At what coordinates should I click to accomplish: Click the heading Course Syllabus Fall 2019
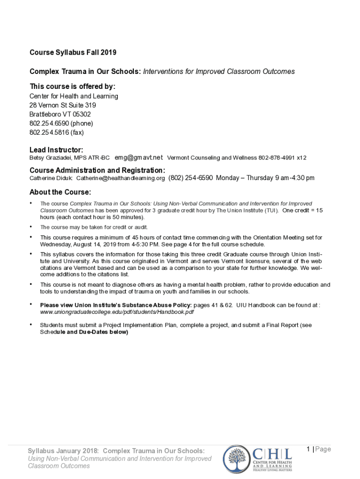pyautogui.click(x=73, y=52)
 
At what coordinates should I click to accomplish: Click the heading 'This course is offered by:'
pyautogui.click(x=72, y=87)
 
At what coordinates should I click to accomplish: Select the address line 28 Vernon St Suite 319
pyautogui.click(x=63, y=105)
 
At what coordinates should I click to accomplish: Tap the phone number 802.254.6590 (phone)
pyautogui.click(x=61, y=123)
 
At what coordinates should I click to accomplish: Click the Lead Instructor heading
pyautogui.click(x=57, y=150)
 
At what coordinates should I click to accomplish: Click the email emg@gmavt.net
pyautogui.click(x=139, y=158)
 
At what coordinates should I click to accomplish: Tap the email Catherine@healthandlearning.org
pyautogui.click(x=121, y=178)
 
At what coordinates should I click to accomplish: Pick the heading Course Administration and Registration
pyautogui.click(x=97, y=170)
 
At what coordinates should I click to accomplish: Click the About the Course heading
pyautogui.click(x=60, y=192)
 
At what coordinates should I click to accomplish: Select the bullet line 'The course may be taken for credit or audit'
pyautogui.click(x=94, y=227)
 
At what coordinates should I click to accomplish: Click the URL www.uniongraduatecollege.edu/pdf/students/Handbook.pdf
pyautogui.click(x=117, y=312)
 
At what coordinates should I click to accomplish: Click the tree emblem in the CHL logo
pyautogui.click(x=236, y=459)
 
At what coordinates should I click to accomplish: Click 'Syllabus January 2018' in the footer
pyautogui.click(x=63, y=450)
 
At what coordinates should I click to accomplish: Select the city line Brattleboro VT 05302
pyautogui.click(x=60, y=114)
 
